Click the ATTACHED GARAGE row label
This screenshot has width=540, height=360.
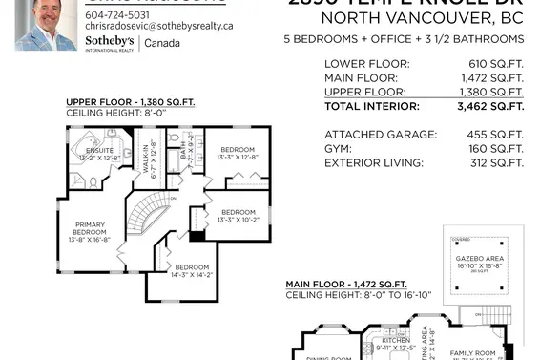pyautogui.click(x=381, y=135)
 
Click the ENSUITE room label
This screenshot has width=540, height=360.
pyautogui.click(x=99, y=151)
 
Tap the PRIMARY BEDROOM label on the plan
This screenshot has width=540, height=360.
pyautogui.click(x=91, y=230)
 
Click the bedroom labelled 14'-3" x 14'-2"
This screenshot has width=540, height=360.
pyautogui.click(x=191, y=271)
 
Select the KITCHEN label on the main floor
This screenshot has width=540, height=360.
pyautogui.click(x=396, y=340)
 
